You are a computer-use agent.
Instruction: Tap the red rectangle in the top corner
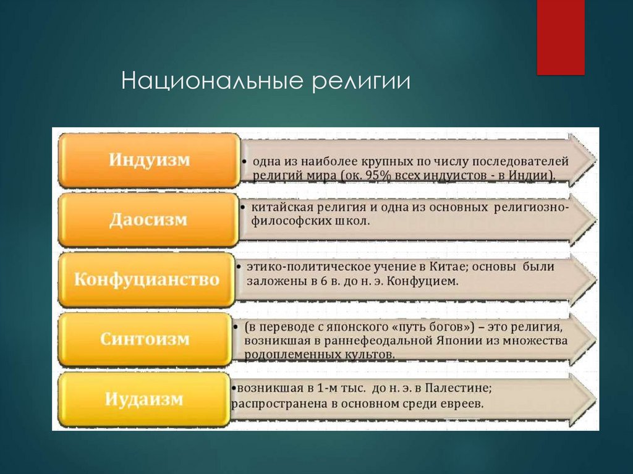[x=560, y=37]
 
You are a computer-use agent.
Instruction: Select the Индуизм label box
[x=149, y=160]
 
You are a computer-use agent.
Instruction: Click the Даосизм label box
[x=148, y=220]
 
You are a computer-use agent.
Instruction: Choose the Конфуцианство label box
[x=147, y=279]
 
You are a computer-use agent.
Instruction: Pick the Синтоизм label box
[x=146, y=339]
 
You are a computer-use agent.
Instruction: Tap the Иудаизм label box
[x=144, y=399]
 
